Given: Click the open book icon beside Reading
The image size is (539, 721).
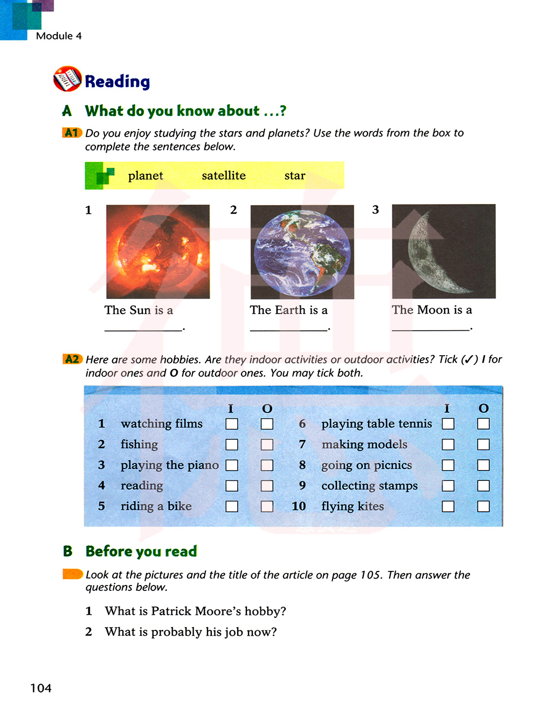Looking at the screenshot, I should click(67, 79).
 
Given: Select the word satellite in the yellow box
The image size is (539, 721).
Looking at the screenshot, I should click(224, 176).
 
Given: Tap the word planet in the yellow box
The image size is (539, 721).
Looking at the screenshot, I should click(146, 176).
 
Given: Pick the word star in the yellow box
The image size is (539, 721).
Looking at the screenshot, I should click(295, 176).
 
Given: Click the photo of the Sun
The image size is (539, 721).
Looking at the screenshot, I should click(158, 251).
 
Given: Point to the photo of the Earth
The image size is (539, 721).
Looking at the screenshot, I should click(302, 252).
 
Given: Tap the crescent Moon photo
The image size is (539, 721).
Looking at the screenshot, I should click(444, 251).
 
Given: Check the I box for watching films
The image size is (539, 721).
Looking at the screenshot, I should click(232, 424).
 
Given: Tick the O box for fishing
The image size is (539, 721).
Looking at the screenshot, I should click(267, 445).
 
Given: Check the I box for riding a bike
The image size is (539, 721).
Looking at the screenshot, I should click(232, 506).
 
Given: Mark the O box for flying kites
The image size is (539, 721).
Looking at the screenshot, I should click(483, 506).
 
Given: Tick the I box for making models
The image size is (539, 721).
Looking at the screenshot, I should click(448, 445).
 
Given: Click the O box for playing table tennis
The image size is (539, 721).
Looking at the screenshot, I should click(483, 424).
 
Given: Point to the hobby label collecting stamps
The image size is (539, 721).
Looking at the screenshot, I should click(369, 486).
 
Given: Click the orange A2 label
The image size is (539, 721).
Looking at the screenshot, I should click(72, 359).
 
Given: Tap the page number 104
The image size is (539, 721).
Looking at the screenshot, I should click(41, 688).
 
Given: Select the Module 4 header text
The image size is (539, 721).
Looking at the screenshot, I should click(59, 36).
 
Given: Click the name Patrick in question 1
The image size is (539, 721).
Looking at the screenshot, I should click(171, 611).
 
